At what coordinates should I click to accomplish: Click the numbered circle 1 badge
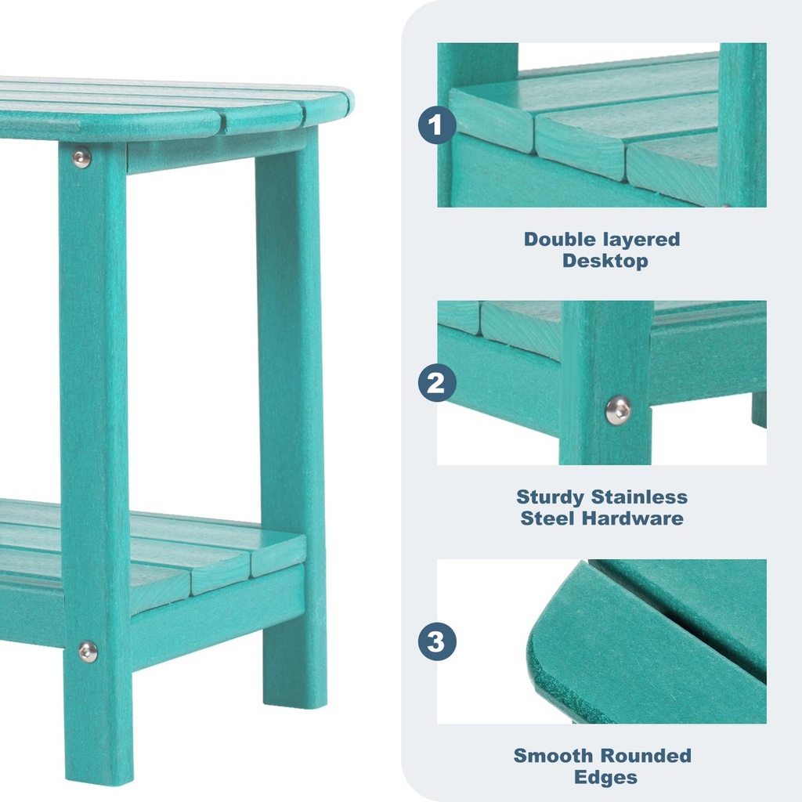click(436, 125)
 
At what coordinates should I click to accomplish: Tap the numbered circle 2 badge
click(436, 383)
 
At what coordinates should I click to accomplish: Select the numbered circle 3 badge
click(436, 641)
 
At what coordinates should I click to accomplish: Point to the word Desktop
click(605, 262)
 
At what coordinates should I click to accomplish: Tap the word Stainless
click(640, 497)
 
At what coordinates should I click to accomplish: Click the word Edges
click(605, 778)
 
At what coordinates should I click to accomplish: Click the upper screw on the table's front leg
click(81, 158)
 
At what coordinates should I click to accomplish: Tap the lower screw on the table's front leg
click(88, 651)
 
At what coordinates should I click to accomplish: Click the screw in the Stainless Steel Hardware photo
click(618, 410)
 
